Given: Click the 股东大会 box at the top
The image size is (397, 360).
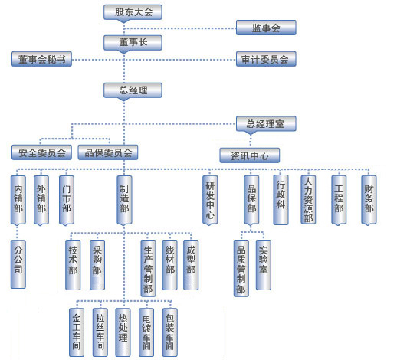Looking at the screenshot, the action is point(133,12).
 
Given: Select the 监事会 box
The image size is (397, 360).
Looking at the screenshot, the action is point(266,28).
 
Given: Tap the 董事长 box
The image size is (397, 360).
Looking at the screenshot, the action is point(133,42).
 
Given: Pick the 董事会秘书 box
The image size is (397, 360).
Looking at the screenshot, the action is point(41,59).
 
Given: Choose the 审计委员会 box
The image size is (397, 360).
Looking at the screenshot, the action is point(266,59).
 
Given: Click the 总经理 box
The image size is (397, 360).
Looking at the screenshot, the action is point(133,90).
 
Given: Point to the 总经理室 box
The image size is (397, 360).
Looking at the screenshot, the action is point(266,124).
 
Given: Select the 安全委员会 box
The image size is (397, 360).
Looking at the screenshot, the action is point(41,152).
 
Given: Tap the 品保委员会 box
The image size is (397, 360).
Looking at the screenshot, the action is point(108,152).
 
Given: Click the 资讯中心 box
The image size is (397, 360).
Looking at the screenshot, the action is point(250,155).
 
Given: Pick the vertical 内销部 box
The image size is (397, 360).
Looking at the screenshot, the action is point(18,200).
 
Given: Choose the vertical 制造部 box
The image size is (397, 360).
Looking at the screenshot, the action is point(124,200).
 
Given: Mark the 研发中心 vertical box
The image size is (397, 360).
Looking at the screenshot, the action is point(210,200).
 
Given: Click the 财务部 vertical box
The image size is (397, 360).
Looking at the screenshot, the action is point(369,200).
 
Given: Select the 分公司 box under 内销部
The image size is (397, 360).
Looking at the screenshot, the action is point(18,264).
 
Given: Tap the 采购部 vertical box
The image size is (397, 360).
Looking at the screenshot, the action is point(97,265).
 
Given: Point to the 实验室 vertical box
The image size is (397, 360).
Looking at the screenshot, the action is point(264,265).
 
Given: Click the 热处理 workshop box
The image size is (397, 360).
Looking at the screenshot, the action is point(123,332).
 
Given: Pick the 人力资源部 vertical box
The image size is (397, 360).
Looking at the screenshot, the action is point(308,200).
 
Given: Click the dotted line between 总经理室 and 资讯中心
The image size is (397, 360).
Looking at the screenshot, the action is point(251,141).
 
